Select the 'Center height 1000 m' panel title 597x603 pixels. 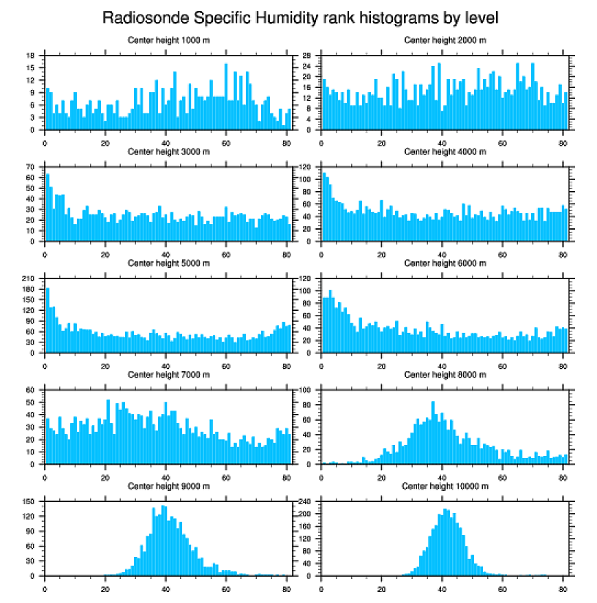pyautogui.click(x=169, y=40)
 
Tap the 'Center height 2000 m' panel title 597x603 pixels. pyautogui.click(x=445, y=40)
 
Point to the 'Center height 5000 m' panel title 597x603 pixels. pyautogui.click(x=169, y=263)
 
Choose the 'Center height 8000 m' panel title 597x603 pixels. pyautogui.click(x=445, y=375)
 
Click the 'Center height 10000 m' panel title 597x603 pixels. pyautogui.click(x=445, y=486)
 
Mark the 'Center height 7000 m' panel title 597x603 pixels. pyautogui.click(x=169, y=375)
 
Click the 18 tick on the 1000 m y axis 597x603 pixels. pyautogui.click(x=31, y=56)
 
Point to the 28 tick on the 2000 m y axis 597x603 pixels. pyautogui.click(x=308, y=56)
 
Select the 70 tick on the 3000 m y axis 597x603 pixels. pyautogui.click(x=31, y=167)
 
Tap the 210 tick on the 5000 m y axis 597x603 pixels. pyautogui.click(x=30, y=279)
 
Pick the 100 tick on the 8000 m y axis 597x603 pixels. pyautogui.click(x=307, y=390)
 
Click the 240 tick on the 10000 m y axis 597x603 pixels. pyautogui.click(x=307, y=502)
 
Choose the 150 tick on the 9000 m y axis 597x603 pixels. pyautogui.click(x=30, y=502)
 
